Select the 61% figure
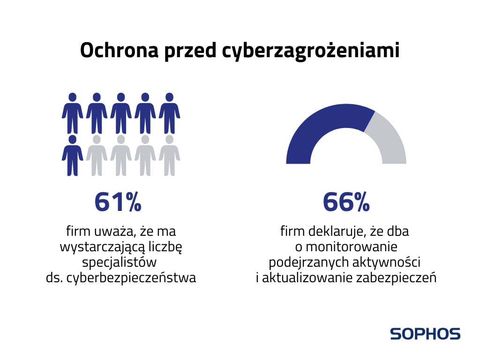pyautogui.click(x=118, y=202)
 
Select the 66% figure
pyautogui.click(x=346, y=202)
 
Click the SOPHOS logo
pyautogui.click(x=425, y=334)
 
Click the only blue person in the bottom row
pyautogui.click(x=72, y=156)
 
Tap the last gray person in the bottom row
pyautogui.click(x=169, y=156)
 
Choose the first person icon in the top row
pyautogui.click(x=72, y=113)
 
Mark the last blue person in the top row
pyautogui.click(x=169, y=113)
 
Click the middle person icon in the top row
pyautogui.click(x=121, y=113)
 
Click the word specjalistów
pyautogui.click(x=119, y=262)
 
